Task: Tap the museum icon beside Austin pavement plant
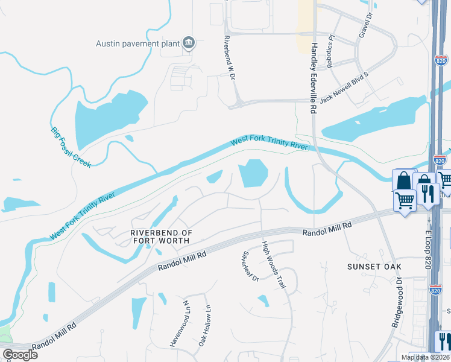tap(189, 42)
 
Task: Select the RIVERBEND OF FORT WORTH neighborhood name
tap(161, 237)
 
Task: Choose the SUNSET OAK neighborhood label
tap(374, 266)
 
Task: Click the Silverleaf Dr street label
tap(250, 267)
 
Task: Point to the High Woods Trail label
tap(273, 265)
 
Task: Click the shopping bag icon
tap(403, 180)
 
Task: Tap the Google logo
tap(20, 354)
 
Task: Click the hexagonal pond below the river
tap(253, 174)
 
